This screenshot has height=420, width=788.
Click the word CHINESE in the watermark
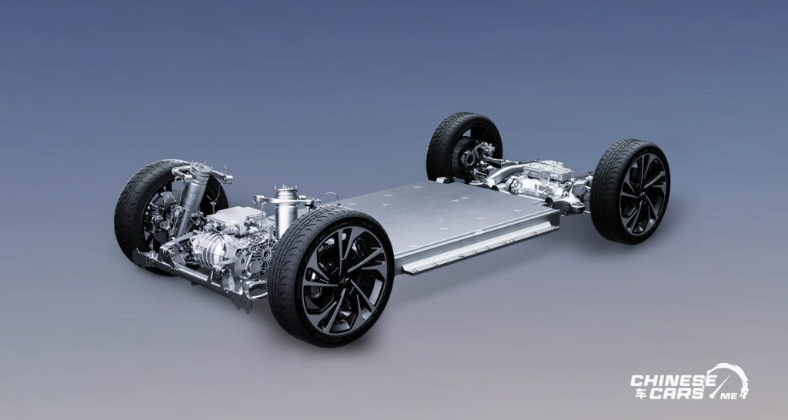click(673, 380)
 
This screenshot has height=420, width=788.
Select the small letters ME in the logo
click(730, 396)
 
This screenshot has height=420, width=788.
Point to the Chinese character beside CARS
click(640, 393)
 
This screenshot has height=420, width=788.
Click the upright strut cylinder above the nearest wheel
click(286, 209)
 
